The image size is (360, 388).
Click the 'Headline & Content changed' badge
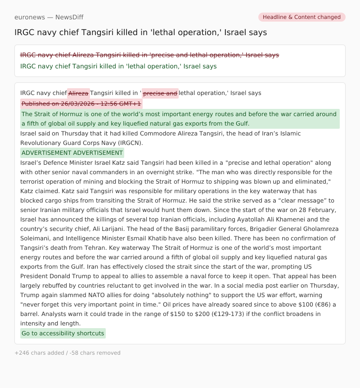pos(301,17)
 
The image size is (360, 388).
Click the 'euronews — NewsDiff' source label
pos(49,17)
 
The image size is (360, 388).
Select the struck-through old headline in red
pos(149,55)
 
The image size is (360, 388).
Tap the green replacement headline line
pos(118,66)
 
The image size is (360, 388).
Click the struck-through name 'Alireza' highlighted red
pos(78,93)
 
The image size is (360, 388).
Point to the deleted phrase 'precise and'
pos(160,93)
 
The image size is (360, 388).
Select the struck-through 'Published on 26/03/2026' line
pos(81,104)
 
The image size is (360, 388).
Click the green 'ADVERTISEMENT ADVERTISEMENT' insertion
pos(72,153)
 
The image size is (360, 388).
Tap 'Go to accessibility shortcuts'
pos(63,334)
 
